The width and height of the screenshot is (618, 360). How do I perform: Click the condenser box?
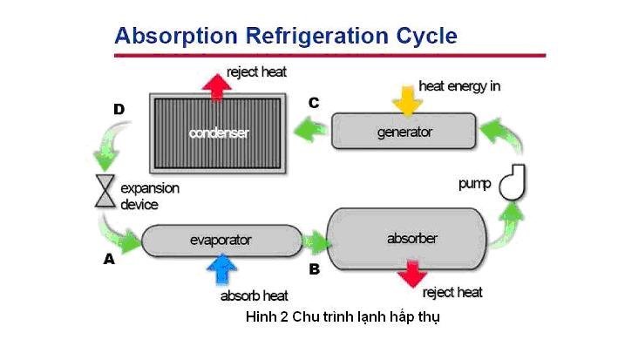(218, 133)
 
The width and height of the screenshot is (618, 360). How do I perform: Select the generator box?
(404, 131)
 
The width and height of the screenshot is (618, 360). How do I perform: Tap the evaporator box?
(221, 241)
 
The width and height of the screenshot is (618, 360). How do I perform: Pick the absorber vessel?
(407, 239)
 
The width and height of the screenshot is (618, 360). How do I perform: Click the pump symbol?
(513, 183)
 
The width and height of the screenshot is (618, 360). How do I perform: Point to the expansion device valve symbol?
(105, 191)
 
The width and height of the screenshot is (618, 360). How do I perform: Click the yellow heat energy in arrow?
(408, 102)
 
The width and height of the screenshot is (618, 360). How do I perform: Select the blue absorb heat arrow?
(222, 269)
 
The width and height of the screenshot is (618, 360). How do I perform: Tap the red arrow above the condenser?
(216, 87)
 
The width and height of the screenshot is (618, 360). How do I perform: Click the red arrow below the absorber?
(412, 274)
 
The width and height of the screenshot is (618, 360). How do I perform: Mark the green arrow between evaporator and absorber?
(316, 242)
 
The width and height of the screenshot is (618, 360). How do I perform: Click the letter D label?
(119, 109)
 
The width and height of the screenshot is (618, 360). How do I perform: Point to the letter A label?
(109, 259)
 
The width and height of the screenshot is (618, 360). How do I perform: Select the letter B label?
(314, 269)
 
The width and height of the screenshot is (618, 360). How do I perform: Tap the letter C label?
(314, 103)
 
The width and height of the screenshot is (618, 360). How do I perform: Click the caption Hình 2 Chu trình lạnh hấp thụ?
(343, 317)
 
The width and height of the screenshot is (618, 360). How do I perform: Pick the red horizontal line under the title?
(329, 56)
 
